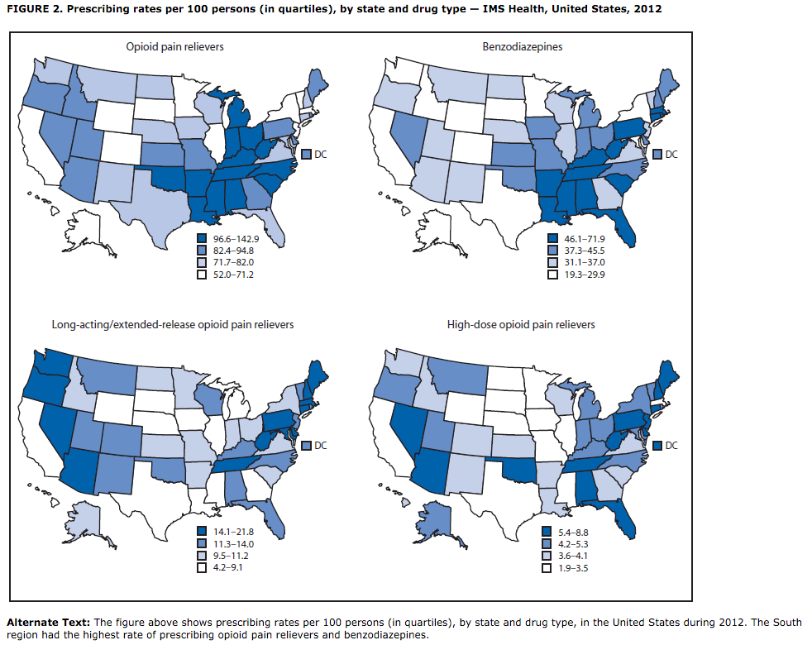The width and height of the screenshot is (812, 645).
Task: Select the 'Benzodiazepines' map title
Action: coord(523,47)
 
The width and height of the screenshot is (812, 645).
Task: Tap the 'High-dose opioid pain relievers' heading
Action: coord(520,324)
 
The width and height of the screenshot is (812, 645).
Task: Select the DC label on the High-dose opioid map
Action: coord(671,445)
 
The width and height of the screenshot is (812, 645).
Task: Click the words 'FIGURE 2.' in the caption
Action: coord(33,9)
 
